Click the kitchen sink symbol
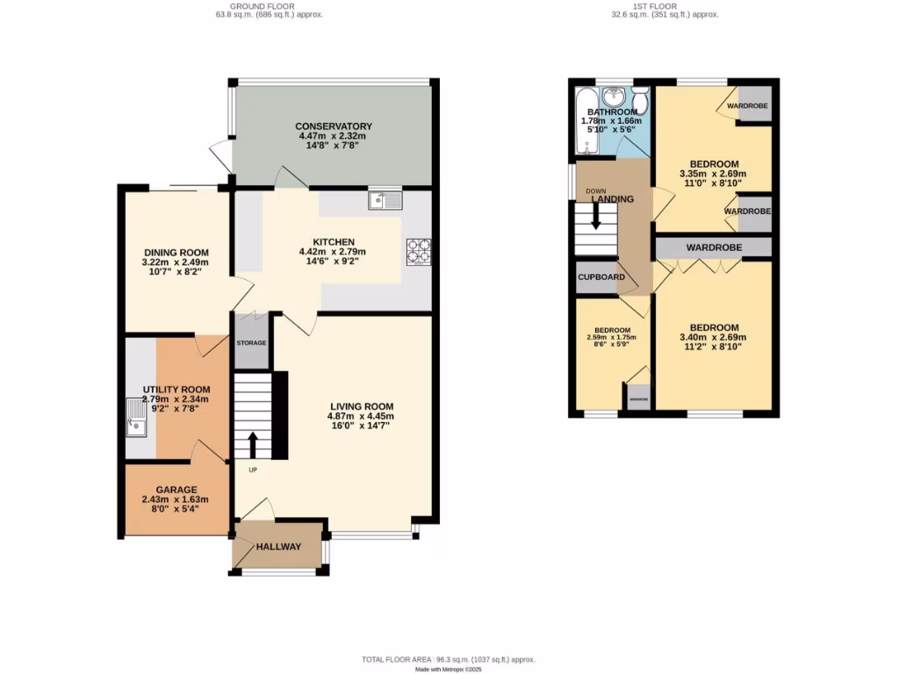pyautogui.click(x=385, y=200)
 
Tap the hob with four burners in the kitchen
pyautogui.click(x=418, y=252)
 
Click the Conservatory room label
pyautogui.click(x=334, y=126)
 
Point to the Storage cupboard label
pyautogui.click(x=250, y=342)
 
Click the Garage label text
pyautogui.click(x=176, y=490)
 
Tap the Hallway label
pyautogui.click(x=278, y=547)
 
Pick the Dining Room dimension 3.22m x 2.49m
pyautogui.click(x=176, y=262)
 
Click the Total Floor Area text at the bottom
pyautogui.click(x=449, y=659)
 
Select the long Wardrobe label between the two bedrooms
pyautogui.click(x=714, y=247)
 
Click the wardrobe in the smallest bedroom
pyautogui.click(x=638, y=397)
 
